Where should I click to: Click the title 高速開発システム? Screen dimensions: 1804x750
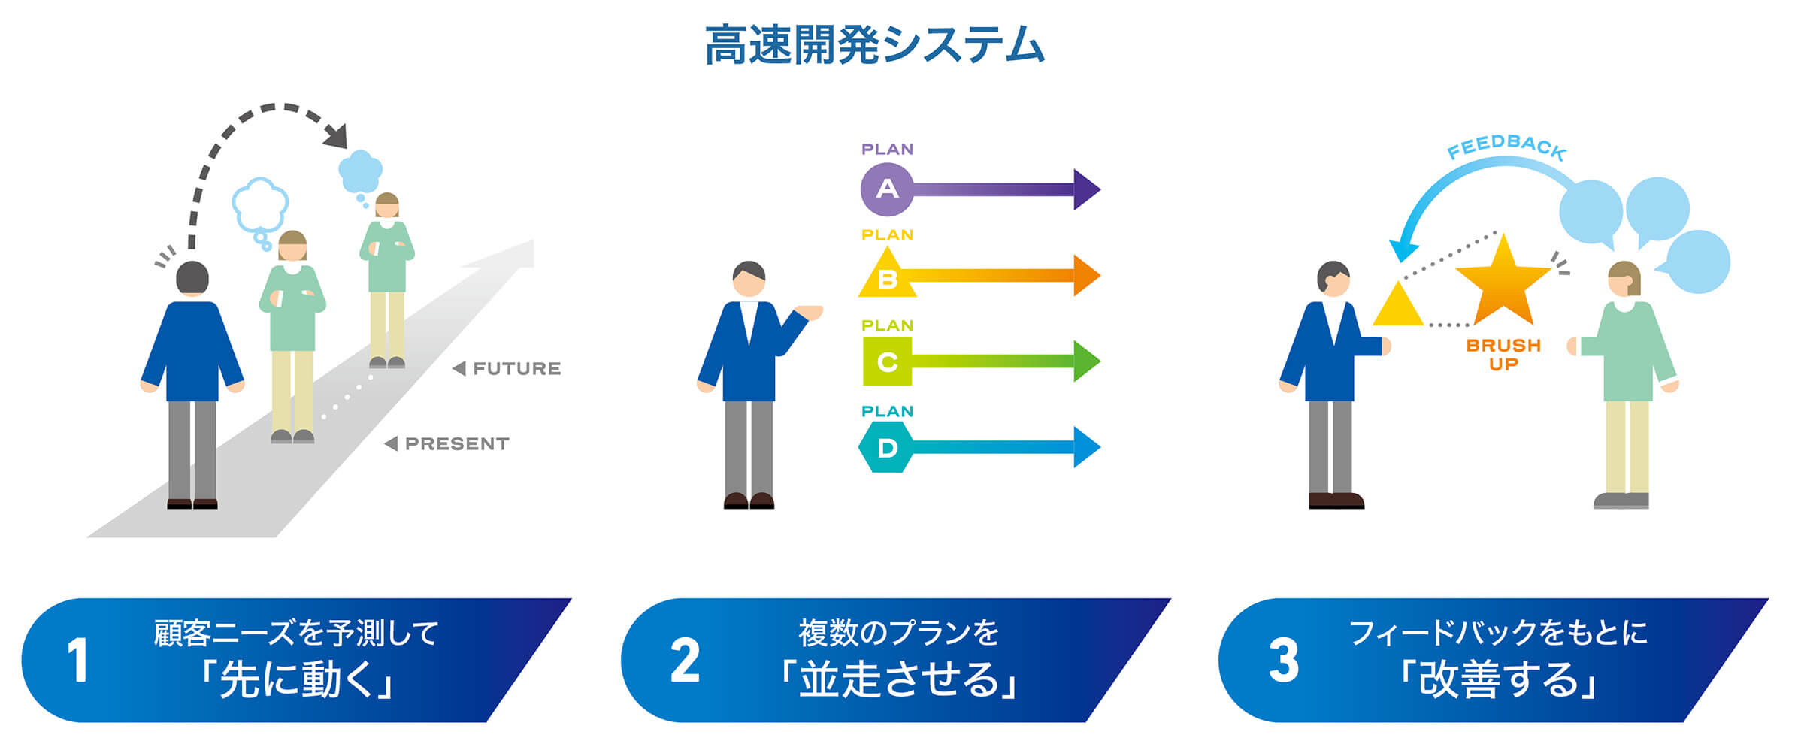coord(875,45)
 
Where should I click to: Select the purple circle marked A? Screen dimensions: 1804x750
coord(887,189)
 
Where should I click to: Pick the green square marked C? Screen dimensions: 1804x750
coord(887,361)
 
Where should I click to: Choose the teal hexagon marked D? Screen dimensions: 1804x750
coord(887,447)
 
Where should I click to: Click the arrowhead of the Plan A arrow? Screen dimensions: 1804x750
coord(1087,189)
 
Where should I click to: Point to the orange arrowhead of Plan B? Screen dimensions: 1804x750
coord(1087,276)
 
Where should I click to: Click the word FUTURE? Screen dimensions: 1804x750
coord(517,369)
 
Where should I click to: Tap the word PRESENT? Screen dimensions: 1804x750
coord(457,444)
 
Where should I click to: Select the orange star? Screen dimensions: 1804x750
coord(1503,282)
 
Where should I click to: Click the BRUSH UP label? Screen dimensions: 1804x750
coord(1503,355)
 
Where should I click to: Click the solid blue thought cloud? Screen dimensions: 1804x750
coord(361,172)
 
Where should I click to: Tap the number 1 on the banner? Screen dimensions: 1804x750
coord(77,661)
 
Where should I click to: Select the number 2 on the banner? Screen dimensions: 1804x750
coord(685,661)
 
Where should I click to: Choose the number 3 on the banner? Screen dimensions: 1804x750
coord(1283,661)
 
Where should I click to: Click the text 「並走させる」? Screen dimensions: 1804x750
coord(899,679)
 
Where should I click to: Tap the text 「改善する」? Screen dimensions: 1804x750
coord(1499,679)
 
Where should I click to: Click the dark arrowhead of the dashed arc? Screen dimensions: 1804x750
coord(334,135)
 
